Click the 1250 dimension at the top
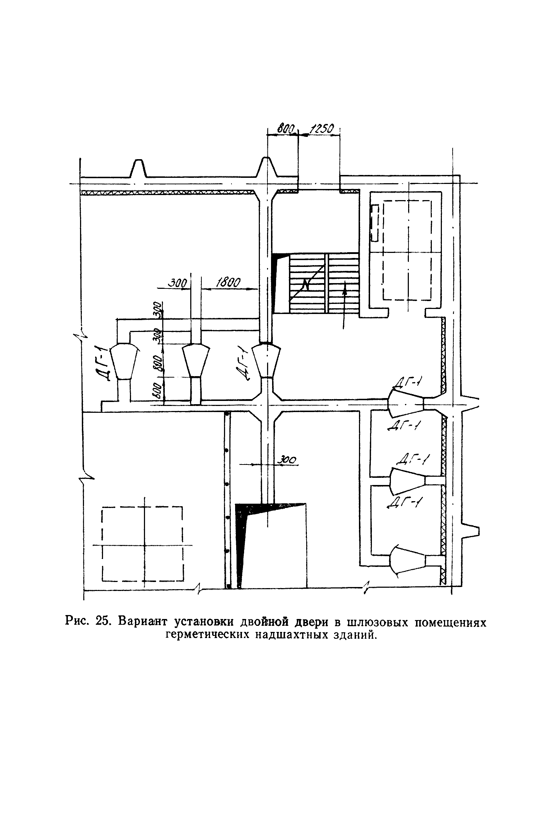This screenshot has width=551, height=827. [x=322, y=129]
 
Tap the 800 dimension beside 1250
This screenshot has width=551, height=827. [x=286, y=129]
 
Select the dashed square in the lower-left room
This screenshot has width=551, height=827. [x=143, y=544]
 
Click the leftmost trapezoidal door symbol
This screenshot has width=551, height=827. [x=123, y=361]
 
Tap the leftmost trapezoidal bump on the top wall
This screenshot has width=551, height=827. [x=138, y=168]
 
